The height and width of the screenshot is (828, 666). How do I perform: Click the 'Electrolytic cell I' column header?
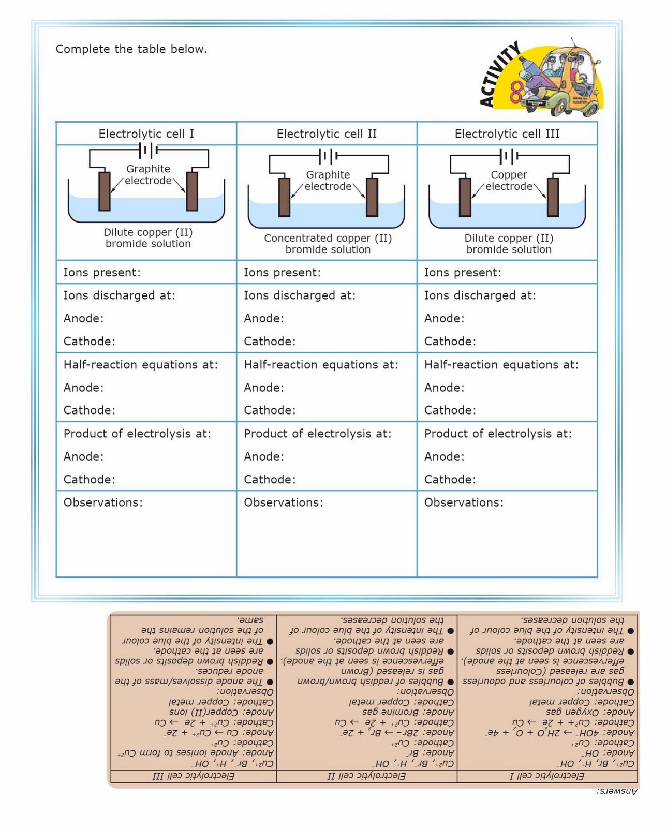pos(146,134)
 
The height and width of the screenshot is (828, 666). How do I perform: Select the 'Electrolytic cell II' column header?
pos(327,134)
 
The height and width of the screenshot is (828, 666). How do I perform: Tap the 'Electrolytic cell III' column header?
pos(507,134)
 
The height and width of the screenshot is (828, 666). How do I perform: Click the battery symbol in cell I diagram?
pos(148,150)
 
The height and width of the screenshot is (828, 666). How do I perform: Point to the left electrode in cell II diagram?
pos(284,197)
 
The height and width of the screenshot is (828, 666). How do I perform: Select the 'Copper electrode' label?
pos(509,181)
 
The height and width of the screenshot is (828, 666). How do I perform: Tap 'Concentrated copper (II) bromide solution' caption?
pos(328,244)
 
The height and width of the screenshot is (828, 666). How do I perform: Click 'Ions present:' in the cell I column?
pos(102,272)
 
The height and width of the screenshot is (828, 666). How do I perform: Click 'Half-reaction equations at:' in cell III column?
pos(501,364)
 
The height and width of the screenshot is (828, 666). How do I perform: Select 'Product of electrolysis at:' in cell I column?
pos(137,433)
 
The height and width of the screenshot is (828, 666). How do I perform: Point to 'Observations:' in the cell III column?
pos(464,502)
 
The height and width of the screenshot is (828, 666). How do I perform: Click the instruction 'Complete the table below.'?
pos(131,49)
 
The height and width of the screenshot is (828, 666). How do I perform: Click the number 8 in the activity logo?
pos(516,92)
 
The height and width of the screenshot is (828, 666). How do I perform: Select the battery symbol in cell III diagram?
pos(508,155)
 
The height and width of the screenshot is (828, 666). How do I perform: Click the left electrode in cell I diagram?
pos(105,191)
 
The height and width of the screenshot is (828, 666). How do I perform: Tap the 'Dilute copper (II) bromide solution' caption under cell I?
pos(148,238)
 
